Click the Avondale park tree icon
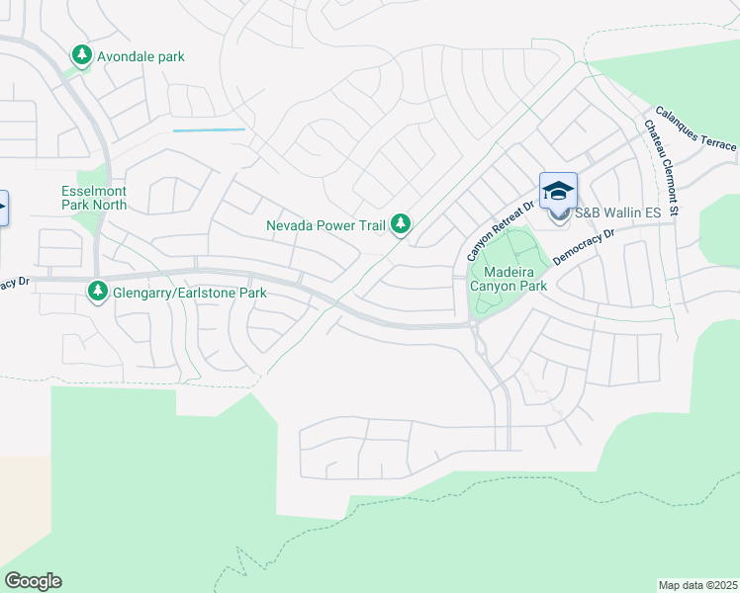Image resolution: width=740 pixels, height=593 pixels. click(83, 56)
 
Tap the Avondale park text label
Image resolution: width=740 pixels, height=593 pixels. click(140, 56)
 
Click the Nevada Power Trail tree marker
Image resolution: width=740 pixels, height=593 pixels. click(401, 225)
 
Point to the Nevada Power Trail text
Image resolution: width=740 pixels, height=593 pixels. click(325, 225)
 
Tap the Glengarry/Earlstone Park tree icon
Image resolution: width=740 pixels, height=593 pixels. click(97, 292)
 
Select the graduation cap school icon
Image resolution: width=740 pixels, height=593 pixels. click(558, 190)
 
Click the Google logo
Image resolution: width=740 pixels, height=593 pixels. click(33, 581)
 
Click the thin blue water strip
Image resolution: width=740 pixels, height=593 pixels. click(209, 129)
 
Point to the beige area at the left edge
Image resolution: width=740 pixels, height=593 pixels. click(20, 504)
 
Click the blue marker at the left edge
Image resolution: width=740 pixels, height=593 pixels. click(3, 208)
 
